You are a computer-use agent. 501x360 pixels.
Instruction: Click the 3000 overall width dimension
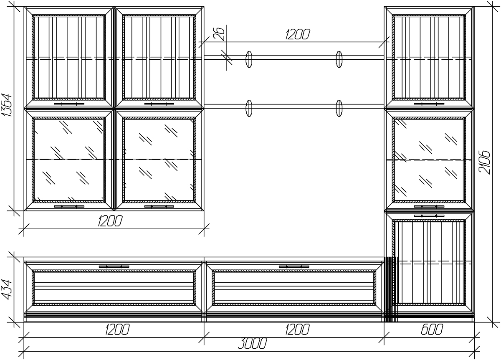click(x=254, y=344)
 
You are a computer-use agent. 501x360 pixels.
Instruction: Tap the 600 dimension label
click(x=430, y=330)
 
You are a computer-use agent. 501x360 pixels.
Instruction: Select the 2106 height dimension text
click(x=484, y=163)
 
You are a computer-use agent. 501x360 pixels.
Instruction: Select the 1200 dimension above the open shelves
click(x=297, y=35)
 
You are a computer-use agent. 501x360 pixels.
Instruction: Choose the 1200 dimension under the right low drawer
click(x=297, y=330)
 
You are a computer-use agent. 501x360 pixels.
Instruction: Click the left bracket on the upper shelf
click(x=249, y=59)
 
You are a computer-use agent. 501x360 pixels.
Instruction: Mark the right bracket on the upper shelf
click(x=339, y=59)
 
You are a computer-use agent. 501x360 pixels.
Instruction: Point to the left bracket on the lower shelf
click(x=249, y=108)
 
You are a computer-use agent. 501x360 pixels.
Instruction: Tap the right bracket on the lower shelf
click(x=339, y=108)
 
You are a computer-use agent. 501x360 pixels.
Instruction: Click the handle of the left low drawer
click(x=114, y=266)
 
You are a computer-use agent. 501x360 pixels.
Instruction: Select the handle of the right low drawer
click(x=294, y=266)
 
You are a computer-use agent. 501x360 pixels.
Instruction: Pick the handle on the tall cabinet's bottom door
click(x=429, y=215)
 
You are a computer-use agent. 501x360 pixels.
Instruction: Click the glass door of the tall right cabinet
click(x=429, y=159)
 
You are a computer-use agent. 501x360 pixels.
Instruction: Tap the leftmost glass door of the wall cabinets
click(x=69, y=159)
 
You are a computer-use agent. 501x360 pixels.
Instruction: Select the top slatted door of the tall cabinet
click(x=429, y=57)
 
